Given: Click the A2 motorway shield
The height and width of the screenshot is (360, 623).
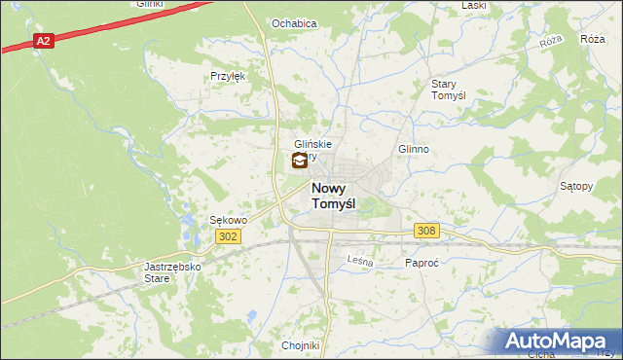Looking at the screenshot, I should tap(42, 41).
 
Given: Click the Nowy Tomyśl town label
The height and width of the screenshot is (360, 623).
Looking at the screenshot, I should tap(333, 196).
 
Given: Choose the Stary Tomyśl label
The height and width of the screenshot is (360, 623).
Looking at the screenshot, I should tap(450, 90).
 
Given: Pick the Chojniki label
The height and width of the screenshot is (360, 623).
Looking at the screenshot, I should tap(300, 345).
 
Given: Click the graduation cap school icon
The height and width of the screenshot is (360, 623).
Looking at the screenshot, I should tap(299, 162).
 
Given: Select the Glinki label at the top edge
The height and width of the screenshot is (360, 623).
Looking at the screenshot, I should tap(149, 4).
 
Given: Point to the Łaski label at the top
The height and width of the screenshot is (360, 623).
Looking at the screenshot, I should tap(474, 5).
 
